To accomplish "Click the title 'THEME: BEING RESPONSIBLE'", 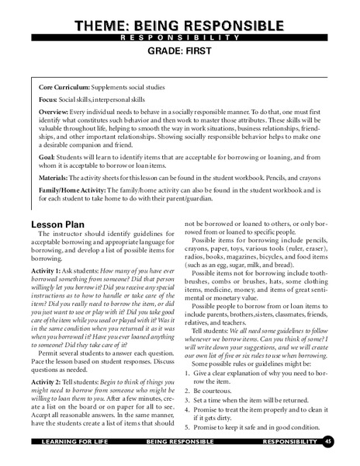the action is (179, 25).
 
